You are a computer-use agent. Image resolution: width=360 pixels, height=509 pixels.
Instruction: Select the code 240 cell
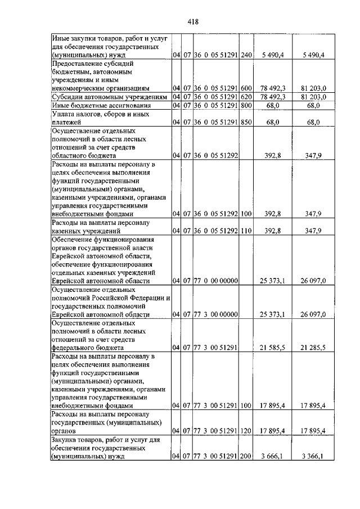(x=245, y=55)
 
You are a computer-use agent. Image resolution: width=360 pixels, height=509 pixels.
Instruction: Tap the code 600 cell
(x=245, y=88)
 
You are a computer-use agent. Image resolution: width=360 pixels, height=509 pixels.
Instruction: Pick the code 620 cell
(x=245, y=97)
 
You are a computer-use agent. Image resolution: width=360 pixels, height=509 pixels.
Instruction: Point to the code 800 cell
(x=245, y=105)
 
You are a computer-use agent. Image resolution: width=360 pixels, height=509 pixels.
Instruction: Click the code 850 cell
(x=245, y=121)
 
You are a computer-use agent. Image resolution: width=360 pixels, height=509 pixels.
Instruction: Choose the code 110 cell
(x=245, y=231)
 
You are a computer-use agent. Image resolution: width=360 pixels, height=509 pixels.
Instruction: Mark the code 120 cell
(x=245, y=431)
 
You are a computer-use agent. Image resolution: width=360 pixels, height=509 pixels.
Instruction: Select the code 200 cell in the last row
(x=245, y=457)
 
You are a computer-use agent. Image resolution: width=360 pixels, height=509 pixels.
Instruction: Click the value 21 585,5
(x=273, y=348)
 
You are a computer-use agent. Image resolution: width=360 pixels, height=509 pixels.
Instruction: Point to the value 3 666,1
(x=273, y=457)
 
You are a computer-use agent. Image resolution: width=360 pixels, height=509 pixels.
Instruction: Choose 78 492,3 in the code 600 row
(x=273, y=88)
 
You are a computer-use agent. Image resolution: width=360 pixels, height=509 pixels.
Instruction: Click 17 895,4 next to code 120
(x=273, y=431)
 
